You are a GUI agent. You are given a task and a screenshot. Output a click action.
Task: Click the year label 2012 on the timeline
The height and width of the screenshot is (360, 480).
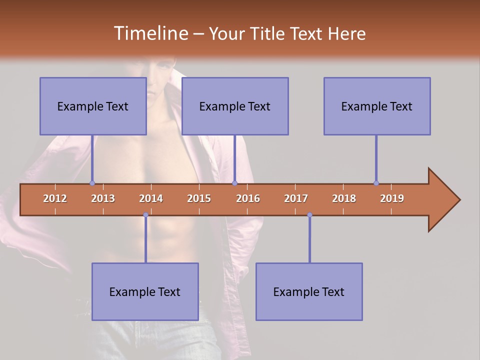coord(55,198)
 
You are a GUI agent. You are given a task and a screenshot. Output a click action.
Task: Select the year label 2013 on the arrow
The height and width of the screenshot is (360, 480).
coord(103,198)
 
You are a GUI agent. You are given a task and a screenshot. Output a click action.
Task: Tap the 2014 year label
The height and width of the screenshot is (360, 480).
coord(151,198)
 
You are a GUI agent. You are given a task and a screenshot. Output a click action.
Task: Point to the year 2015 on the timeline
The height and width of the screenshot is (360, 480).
coord(199,198)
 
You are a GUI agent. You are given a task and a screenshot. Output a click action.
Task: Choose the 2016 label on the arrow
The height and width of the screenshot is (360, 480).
coord(248,198)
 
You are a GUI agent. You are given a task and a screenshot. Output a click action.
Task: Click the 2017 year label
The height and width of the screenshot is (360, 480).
coord(296,198)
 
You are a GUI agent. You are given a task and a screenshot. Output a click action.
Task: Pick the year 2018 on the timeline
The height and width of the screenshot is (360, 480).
coord(344,198)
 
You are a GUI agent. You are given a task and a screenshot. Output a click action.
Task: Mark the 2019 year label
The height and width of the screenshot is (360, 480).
coord(392,198)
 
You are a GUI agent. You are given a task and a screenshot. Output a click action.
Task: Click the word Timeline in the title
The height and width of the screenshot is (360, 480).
coord(150,33)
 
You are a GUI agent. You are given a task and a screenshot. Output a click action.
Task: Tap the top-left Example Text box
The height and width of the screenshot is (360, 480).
coord(93,106)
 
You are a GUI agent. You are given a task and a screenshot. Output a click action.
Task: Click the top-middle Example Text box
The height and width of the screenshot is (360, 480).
coord(235,106)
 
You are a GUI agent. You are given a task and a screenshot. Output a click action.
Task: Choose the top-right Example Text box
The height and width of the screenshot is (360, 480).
coord(377,106)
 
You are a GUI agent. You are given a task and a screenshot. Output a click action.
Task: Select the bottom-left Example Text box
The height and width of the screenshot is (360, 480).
coord(145,291)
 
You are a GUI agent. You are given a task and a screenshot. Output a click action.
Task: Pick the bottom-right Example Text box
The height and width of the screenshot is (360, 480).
coord(309,291)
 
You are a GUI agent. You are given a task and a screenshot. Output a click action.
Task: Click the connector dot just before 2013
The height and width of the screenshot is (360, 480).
coord(92,183)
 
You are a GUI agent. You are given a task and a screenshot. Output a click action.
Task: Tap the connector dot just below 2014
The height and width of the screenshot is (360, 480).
coord(145,215)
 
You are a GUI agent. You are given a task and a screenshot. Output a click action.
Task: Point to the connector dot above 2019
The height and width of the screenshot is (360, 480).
coord(376,183)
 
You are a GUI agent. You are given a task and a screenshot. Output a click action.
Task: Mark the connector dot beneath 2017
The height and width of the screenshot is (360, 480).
coord(309,215)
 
